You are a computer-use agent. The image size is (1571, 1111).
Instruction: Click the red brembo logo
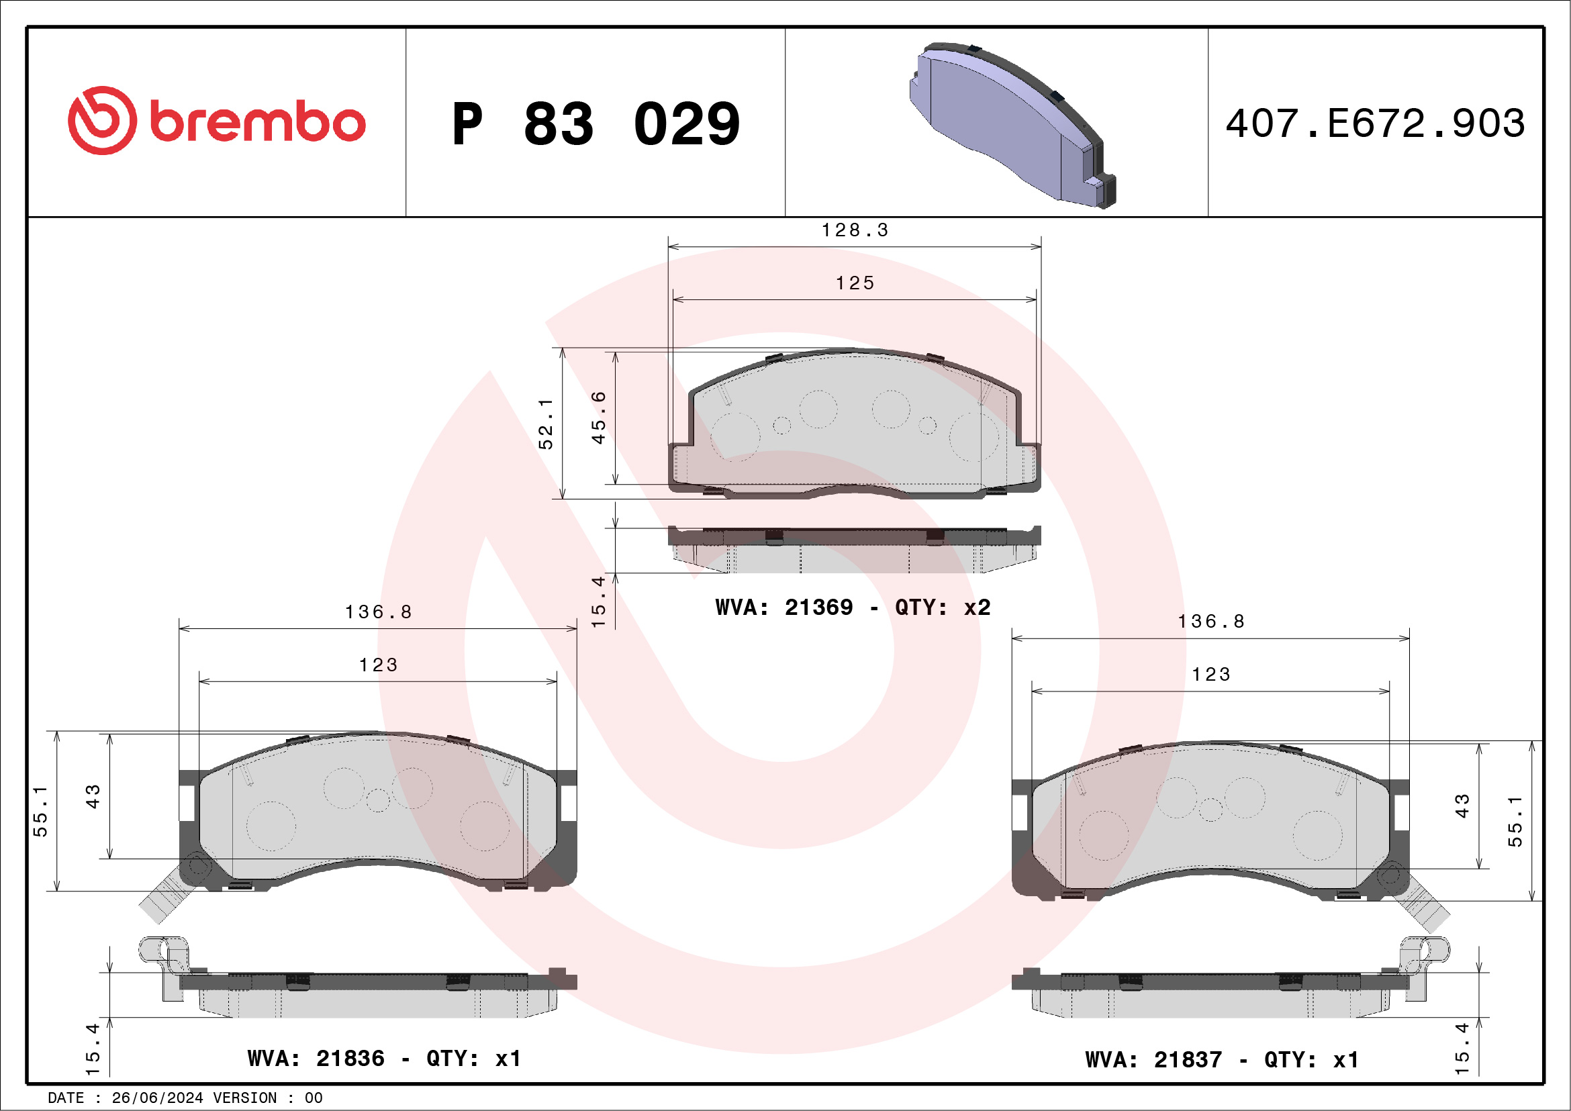(216, 120)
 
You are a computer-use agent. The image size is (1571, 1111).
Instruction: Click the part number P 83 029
(596, 124)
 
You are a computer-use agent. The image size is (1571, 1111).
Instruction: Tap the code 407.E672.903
(1376, 123)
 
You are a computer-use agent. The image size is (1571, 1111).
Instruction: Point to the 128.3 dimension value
(855, 230)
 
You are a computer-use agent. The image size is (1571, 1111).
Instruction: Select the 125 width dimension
(855, 283)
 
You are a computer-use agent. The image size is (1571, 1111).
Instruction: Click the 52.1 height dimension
(545, 424)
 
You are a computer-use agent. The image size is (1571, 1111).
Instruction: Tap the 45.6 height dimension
(598, 418)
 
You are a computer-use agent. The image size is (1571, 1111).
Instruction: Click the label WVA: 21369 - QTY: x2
(853, 607)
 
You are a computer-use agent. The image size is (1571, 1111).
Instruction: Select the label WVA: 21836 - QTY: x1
(385, 1059)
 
